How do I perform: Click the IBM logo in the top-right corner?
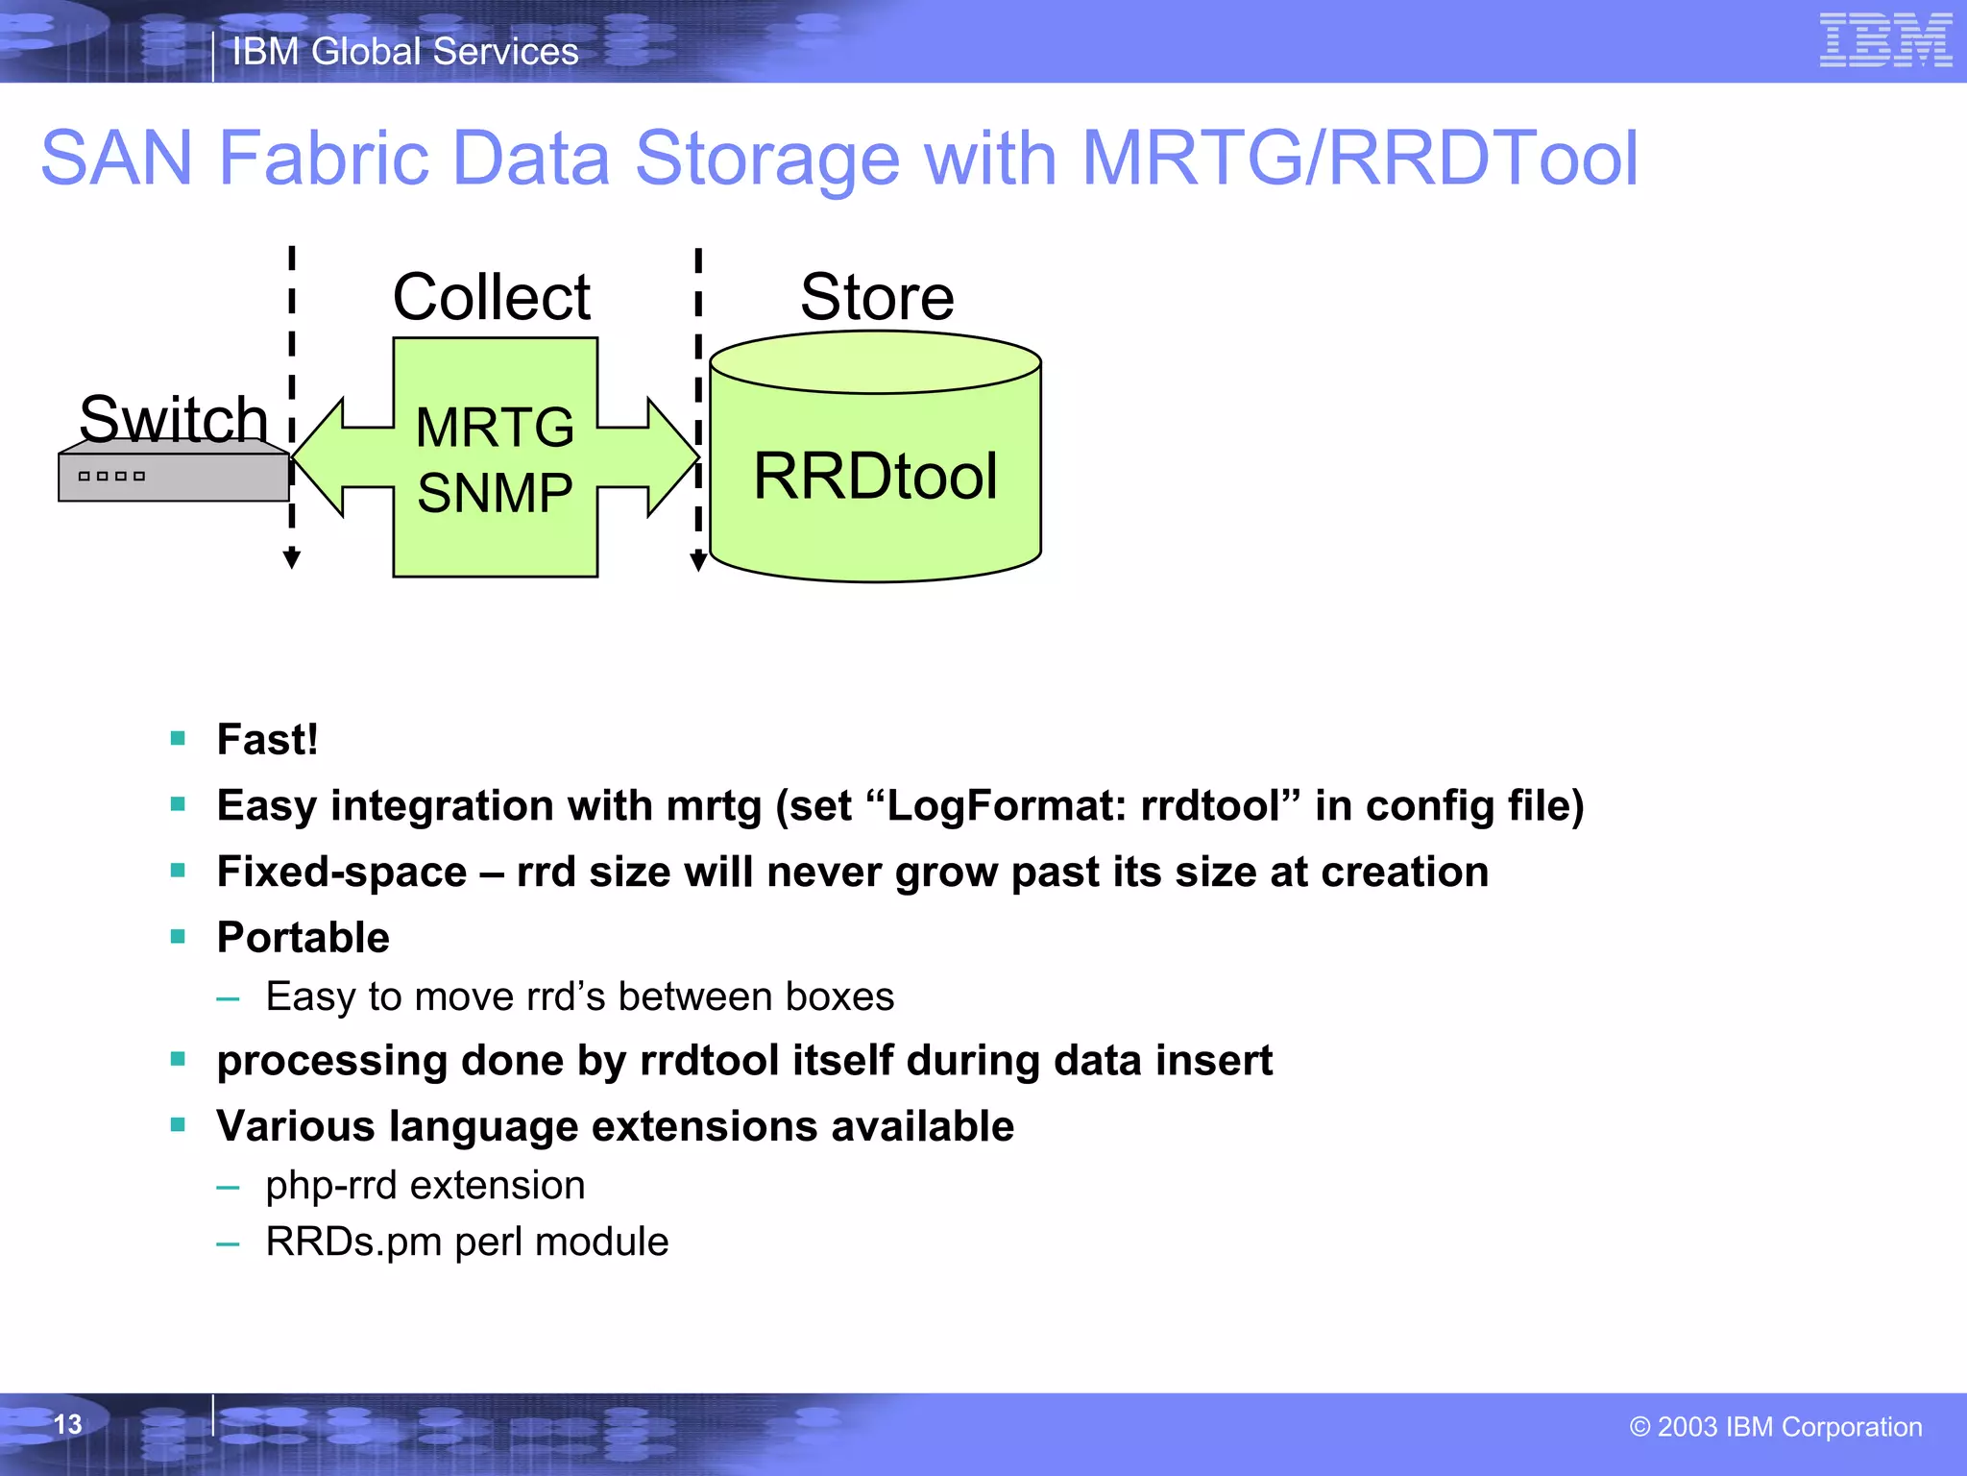(x=1885, y=40)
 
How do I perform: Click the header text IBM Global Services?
(x=405, y=52)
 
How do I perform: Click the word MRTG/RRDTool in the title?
(x=1359, y=159)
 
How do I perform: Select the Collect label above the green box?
(x=492, y=297)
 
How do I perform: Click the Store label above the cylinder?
(x=877, y=297)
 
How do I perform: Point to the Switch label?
(x=173, y=419)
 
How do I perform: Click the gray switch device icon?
(x=173, y=476)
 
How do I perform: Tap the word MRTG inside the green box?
(x=495, y=428)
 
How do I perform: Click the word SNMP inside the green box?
(x=495, y=493)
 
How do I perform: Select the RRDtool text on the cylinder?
(x=875, y=476)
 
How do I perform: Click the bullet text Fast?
(x=267, y=740)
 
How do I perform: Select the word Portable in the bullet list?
(x=303, y=938)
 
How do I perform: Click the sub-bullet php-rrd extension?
(x=425, y=1186)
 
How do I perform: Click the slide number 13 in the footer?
(x=67, y=1424)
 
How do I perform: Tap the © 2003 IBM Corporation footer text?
(x=1775, y=1427)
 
